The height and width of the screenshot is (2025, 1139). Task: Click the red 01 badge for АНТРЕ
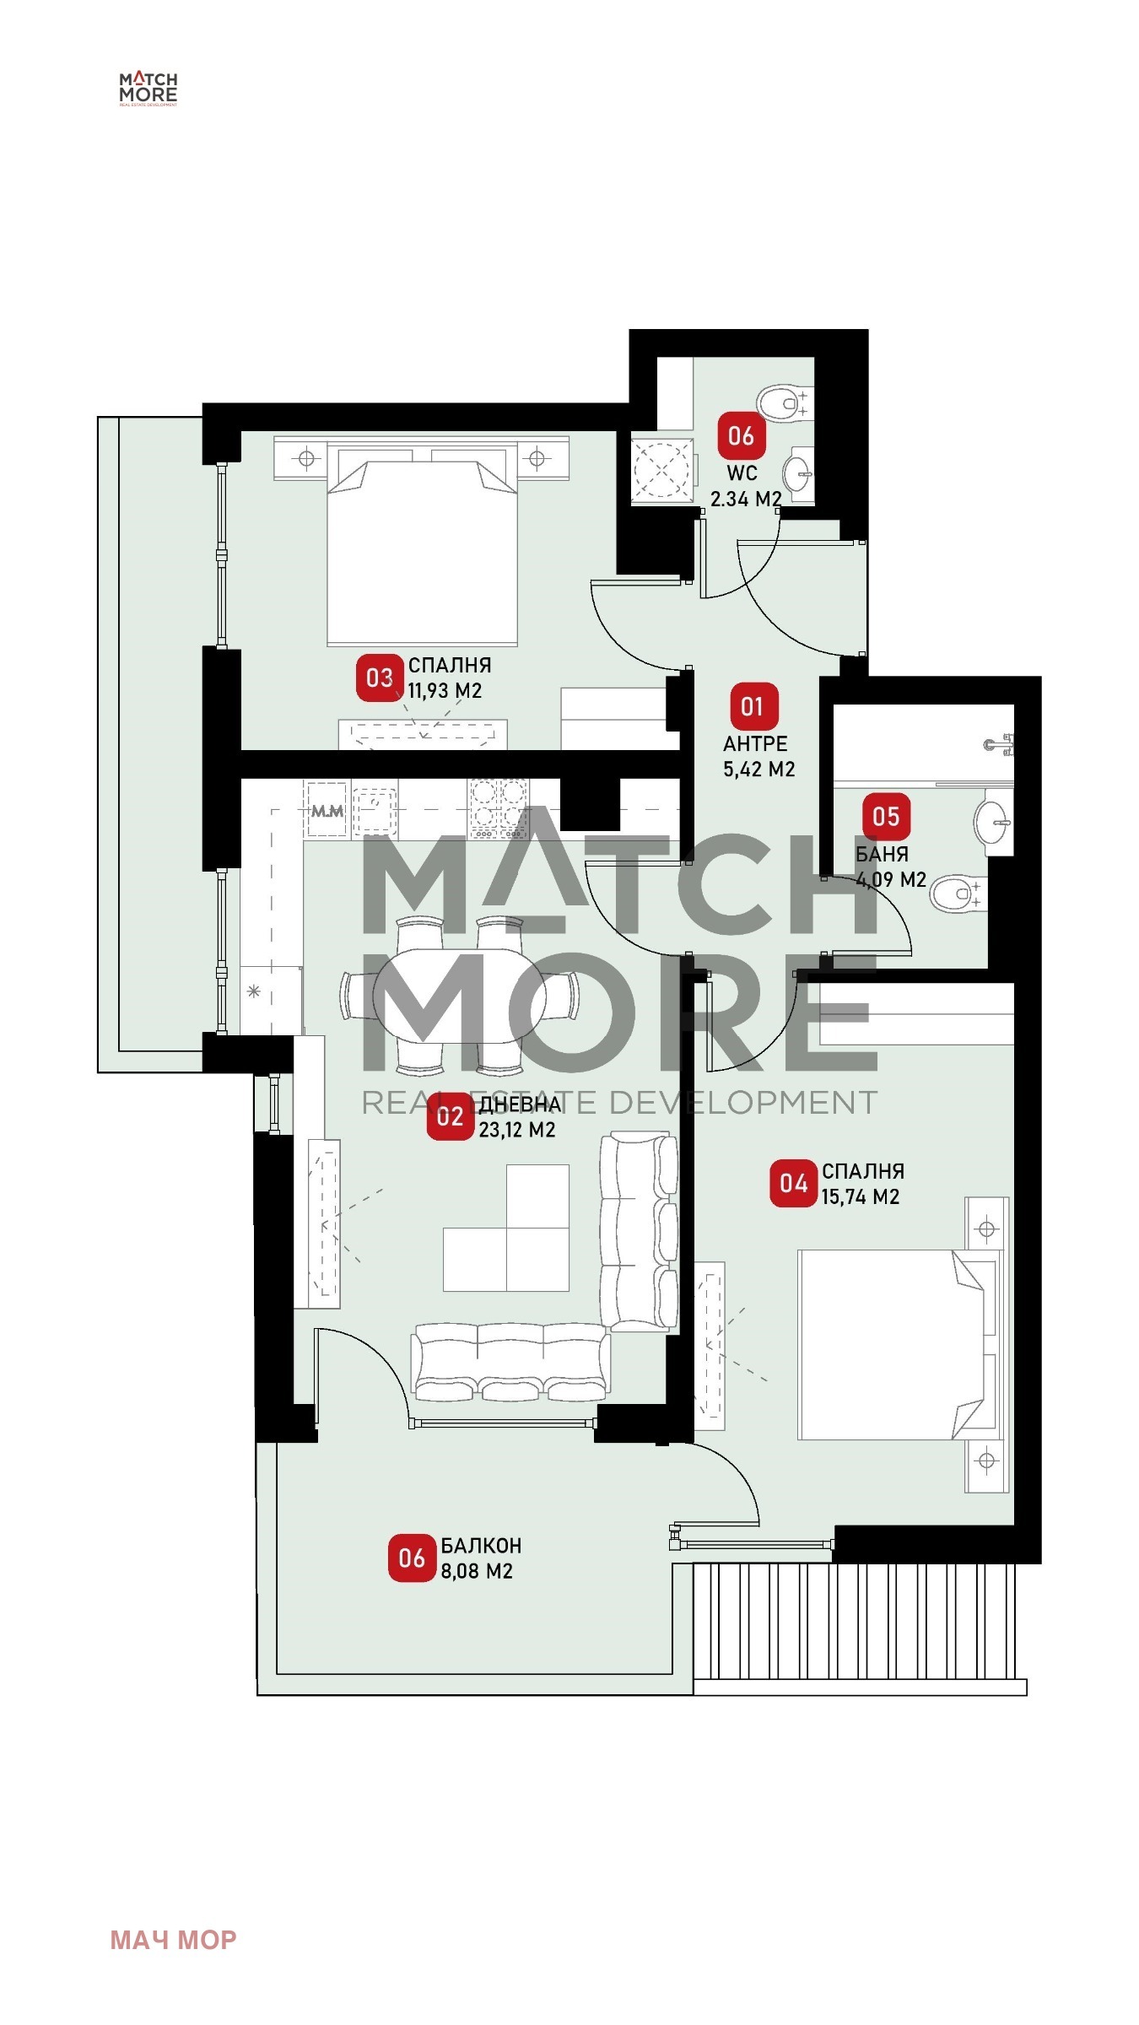click(751, 706)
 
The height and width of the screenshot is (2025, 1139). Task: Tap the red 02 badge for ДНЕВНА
click(450, 1116)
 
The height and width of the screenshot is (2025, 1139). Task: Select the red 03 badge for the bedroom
click(380, 678)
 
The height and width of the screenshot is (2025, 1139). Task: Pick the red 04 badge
click(793, 1183)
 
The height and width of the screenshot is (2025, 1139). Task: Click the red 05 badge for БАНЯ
click(886, 816)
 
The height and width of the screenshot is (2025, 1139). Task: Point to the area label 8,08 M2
click(477, 1571)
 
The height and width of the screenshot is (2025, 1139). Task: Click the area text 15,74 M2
click(861, 1196)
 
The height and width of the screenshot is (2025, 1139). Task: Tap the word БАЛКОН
click(481, 1546)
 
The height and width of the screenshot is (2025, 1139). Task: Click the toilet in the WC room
click(785, 403)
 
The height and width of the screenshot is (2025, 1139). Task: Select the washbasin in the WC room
click(798, 473)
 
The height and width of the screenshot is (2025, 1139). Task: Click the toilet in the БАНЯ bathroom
click(958, 894)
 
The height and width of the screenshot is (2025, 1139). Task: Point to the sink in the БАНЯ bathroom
click(993, 821)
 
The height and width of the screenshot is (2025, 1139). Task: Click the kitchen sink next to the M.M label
click(375, 807)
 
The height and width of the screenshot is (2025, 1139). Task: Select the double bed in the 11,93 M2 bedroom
click(422, 547)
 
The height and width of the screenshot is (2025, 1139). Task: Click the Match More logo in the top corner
click(148, 89)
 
